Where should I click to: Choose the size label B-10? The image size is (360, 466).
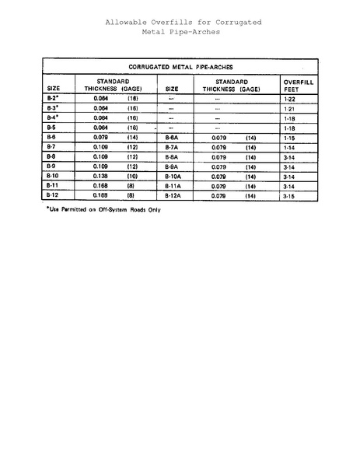click(54, 177)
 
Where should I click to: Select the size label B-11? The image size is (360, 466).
click(54, 186)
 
